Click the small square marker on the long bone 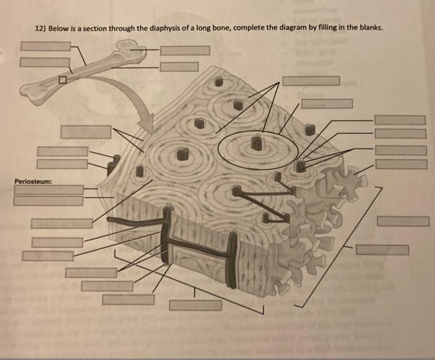point(62,80)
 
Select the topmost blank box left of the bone point(45,46)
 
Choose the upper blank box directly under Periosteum point(48,190)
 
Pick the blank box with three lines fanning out point(311,81)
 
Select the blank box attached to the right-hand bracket point(382,249)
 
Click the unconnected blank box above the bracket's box point(403,221)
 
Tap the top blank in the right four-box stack point(400,120)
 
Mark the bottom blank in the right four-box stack point(400,164)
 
